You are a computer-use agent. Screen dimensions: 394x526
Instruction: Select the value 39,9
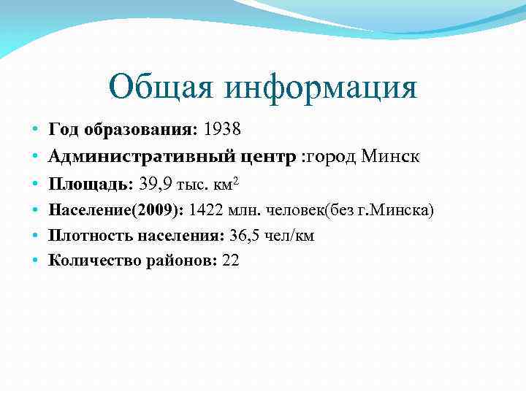158,183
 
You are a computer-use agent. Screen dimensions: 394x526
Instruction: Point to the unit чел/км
292,236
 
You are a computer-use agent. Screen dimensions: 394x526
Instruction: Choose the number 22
230,260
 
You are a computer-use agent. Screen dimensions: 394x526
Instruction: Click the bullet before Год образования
34,130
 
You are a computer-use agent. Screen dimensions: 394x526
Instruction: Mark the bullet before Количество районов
34,260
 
